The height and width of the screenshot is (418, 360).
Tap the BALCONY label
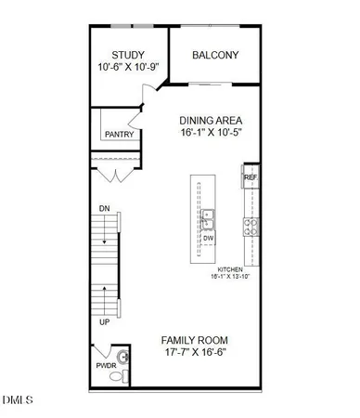tap(215, 55)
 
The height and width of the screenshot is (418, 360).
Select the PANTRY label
tap(119, 135)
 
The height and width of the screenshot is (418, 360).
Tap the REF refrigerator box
tap(250, 177)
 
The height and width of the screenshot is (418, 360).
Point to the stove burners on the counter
tap(250, 223)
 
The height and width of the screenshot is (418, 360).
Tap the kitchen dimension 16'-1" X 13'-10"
tap(232, 277)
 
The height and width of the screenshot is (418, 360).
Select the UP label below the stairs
tap(104, 320)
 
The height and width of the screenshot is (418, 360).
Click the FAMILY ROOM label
tap(194, 340)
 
